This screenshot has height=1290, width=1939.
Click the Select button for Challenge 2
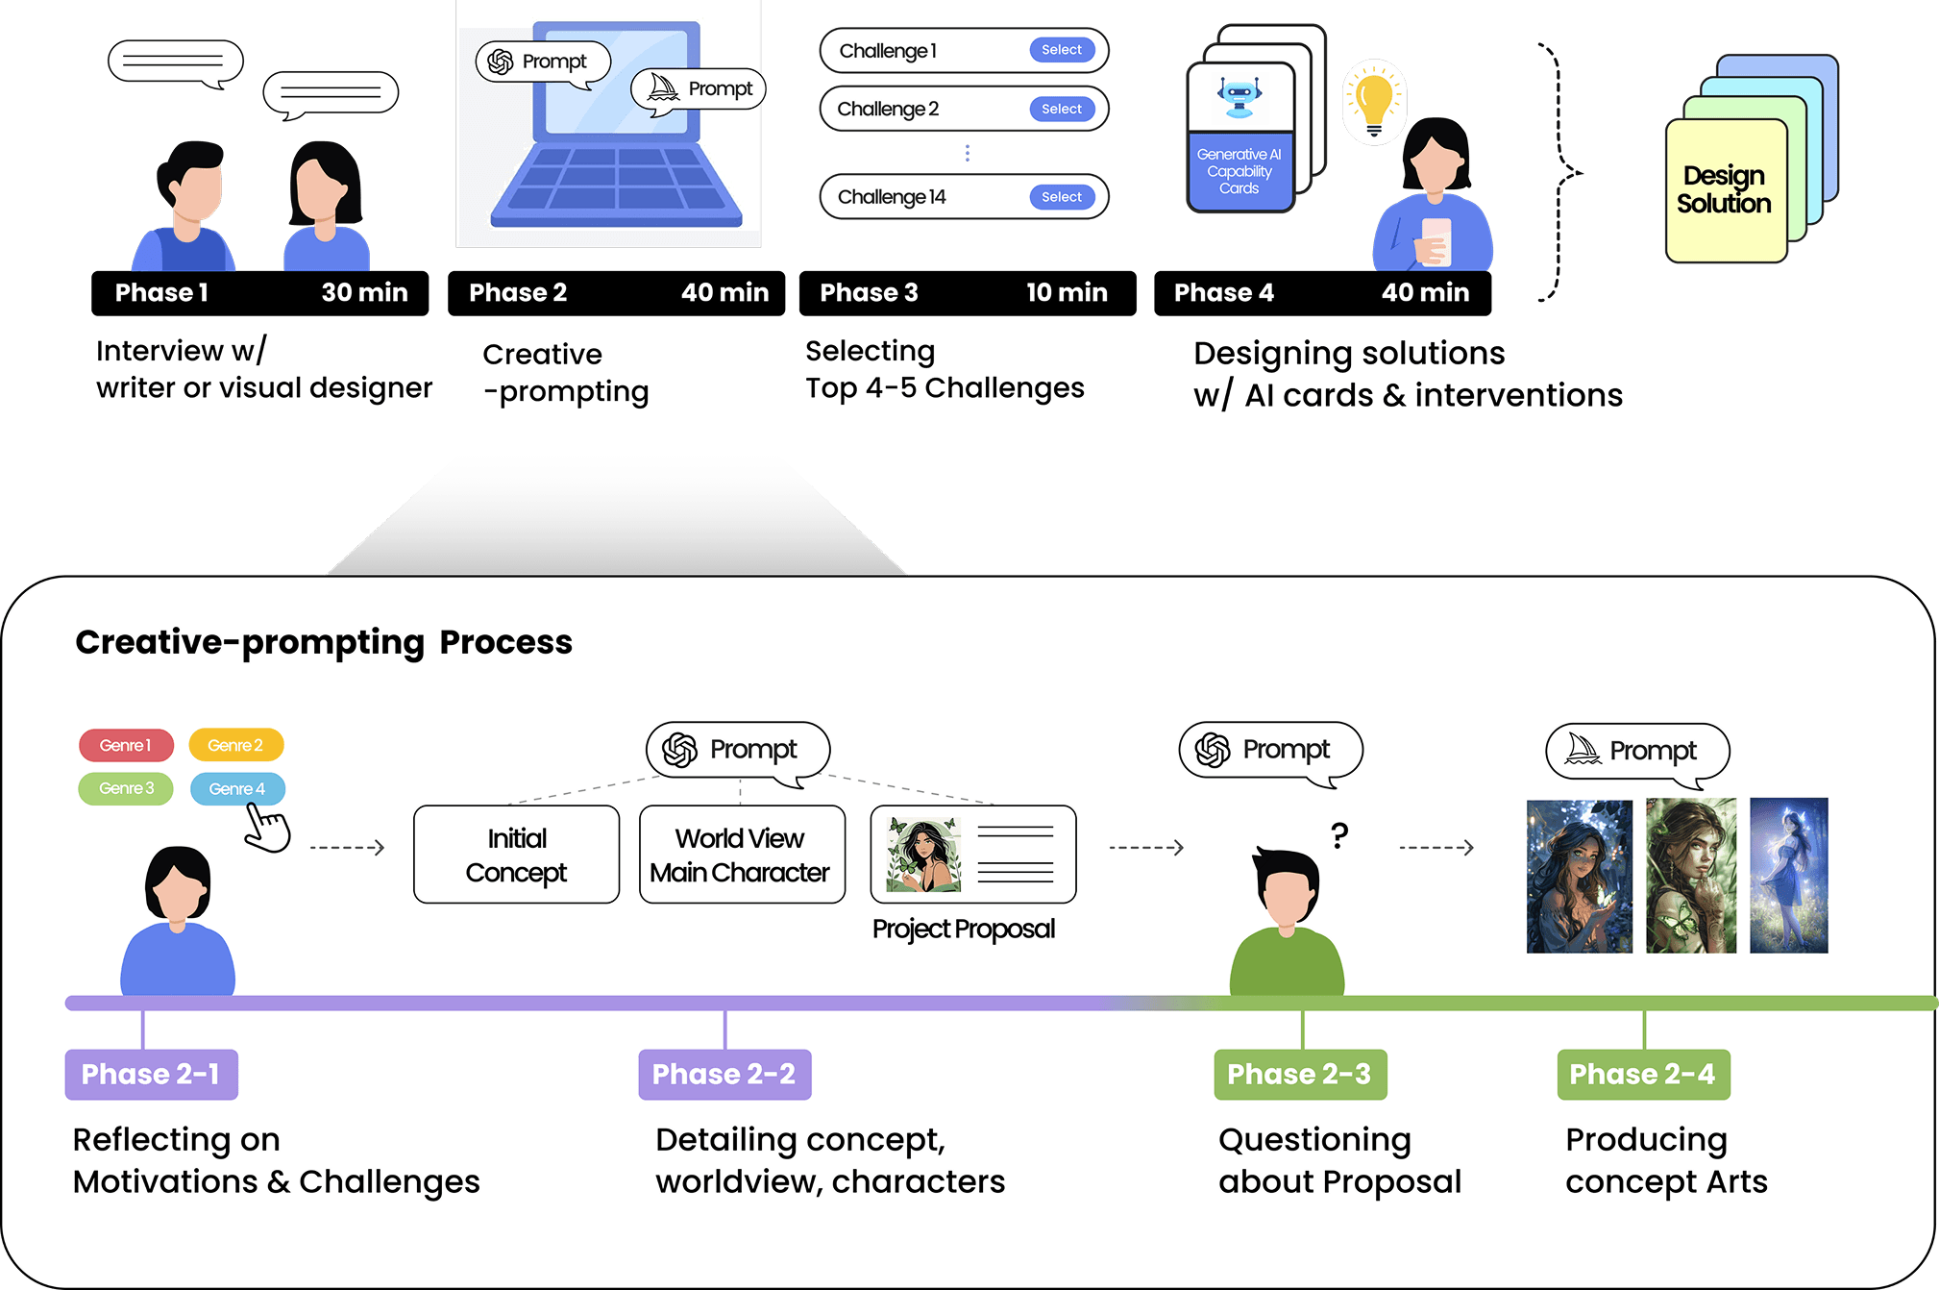click(1061, 110)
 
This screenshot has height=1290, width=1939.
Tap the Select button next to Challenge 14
click(1061, 197)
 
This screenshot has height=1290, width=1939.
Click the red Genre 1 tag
click(126, 745)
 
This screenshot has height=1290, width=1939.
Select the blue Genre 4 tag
click(237, 788)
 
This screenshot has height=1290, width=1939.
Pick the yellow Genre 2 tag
click(235, 745)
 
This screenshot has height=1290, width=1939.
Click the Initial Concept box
click(516, 855)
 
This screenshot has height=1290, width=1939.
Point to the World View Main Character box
click(741, 855)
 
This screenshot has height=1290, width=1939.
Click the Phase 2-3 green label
click(1299, 1074)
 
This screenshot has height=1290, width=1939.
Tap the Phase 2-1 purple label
click(151, 1074)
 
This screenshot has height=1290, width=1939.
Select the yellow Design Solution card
click(1724, 190)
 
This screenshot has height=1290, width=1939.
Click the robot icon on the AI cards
click(1239, 97)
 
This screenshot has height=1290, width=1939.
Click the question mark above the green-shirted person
click(1339, 834)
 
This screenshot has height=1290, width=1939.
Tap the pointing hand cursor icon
click(266, 828)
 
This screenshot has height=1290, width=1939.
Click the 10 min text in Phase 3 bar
click(1067, 292)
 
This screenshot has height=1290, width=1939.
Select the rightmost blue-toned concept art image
click(1788, 875)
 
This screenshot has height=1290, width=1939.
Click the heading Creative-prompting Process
click(324, 641)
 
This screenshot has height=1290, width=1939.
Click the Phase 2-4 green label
click(1642, 1074)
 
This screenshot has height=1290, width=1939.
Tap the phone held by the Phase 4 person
click(1436, 240)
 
